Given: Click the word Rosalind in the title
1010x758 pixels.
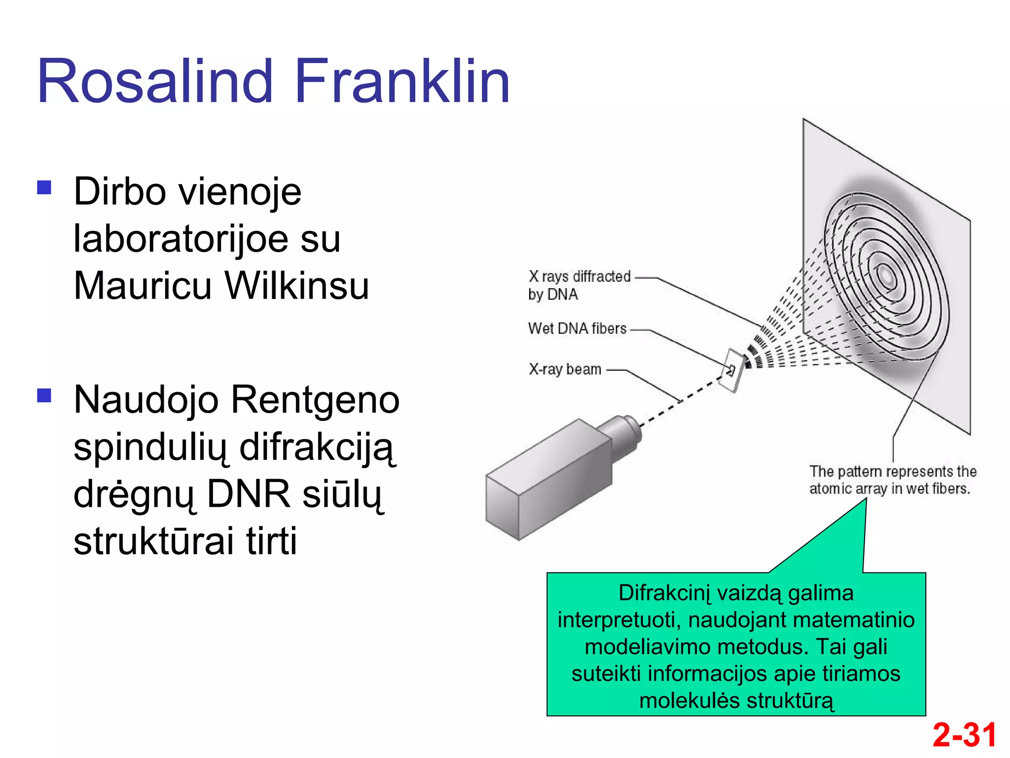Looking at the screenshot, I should (x=155, y=81).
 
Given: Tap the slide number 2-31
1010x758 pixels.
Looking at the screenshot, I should (x=964, y=735).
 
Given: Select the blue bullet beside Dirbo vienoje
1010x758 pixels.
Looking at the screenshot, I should (x=44, y=188).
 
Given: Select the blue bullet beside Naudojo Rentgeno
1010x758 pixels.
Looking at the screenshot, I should (x=44, y=395).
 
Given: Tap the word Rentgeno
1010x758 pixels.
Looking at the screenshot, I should (x=315, y=400).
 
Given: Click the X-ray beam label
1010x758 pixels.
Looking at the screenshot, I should (x=565, y=369).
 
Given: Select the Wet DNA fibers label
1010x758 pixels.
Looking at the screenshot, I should (x=577, y=329).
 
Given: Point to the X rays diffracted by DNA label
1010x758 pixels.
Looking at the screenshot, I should (x=579, y=285).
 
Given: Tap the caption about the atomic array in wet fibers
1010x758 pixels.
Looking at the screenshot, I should (x=892, y=480).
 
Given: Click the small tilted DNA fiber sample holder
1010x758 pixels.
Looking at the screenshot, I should (x=733, y=371).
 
